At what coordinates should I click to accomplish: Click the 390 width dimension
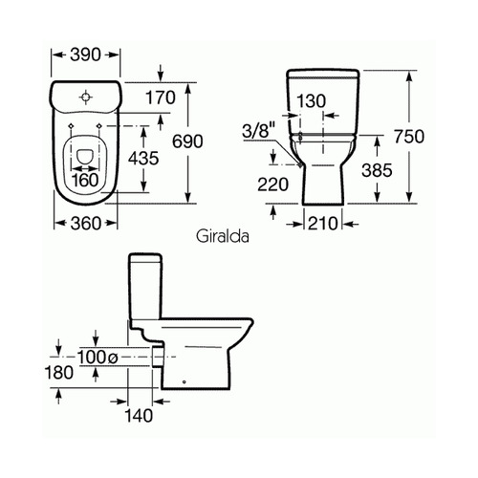[x=85, y=54]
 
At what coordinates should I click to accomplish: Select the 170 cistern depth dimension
[x=161, y=98]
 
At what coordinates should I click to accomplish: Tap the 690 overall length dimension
[x=187, y=141]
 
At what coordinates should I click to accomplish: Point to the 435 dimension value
[x=143, y=158]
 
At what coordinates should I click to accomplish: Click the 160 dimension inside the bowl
[x=85, y=181]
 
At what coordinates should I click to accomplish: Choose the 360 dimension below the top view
[x=86, y=224]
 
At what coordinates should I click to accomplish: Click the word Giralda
[x=223, y=236]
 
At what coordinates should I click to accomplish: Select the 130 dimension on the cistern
[x=312, y=101]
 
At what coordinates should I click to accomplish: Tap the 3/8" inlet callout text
[x=258, y=131]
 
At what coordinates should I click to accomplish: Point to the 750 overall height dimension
[x=409, y=137]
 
